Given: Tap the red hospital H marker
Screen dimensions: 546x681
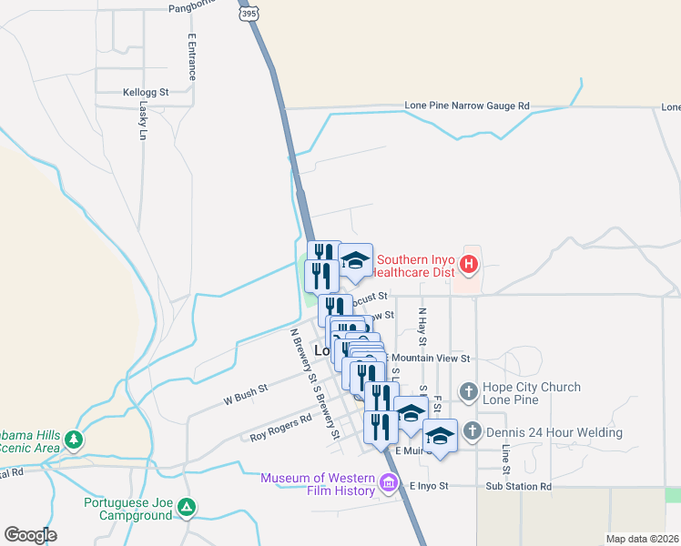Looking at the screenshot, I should (x=469, y=265).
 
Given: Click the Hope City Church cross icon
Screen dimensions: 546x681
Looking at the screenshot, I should (x=468, y=392).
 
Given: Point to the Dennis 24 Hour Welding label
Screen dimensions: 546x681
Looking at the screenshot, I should (x=554, y=432).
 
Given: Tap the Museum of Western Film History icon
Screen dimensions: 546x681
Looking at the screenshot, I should (x=390, y=482).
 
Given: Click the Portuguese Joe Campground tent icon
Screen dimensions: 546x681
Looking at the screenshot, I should (x=187, y=507).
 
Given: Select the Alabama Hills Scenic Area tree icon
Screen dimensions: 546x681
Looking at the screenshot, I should (x=74, y=440).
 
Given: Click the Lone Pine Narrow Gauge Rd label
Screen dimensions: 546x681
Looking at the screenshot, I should (x=467, y=106).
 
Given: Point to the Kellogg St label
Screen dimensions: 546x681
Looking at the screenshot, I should (x=146, y=92).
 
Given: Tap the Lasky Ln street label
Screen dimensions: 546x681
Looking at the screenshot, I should (x=143, y=119).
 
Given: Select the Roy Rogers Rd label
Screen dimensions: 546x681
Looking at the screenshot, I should (x=280, y=428).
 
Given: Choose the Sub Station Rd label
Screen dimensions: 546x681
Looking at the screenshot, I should (x=519, y=486).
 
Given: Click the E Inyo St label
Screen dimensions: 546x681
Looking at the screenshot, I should (x=430, y=486).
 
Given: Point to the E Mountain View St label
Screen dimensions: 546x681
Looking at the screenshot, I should (x=428, y=359).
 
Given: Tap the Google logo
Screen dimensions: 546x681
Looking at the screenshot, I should (x=30, y=535).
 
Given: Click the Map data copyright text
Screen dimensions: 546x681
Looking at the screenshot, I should (x=642, y=539).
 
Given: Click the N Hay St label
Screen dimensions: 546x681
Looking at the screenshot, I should (x=422, y=327).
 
